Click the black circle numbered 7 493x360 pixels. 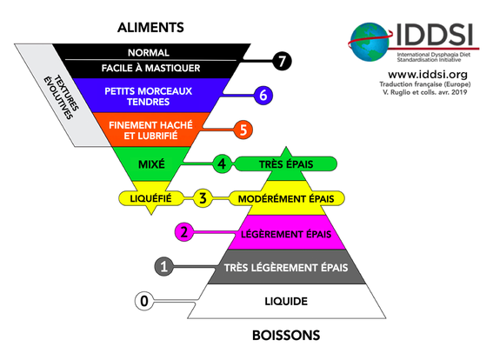[x=282, y=61]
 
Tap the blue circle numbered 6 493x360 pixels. [x=263, y=96]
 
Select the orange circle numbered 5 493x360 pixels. [x=243, y=130]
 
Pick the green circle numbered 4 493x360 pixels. [x=222, y=163]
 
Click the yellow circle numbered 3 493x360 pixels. [x=203, y=198]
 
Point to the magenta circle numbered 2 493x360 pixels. [x=184, y=232]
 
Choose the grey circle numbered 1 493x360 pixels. [x=163, y=267]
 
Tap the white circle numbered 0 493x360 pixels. [x=144, y=301]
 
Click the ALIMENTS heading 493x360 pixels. [x=150, y=28]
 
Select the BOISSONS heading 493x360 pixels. [x=286, y=336]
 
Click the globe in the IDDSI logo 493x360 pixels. [x=370, y=42]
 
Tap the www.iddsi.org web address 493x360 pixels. [x=428, y=75]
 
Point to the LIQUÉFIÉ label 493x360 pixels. [x=151, y=199]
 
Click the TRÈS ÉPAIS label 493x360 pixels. [x=286, y=164]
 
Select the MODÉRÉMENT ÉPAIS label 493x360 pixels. [x=286, y=199]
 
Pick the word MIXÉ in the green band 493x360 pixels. [x=151, y=164]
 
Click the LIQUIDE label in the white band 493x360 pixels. [x=286, y=301]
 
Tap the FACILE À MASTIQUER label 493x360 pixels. [x=150, y=68]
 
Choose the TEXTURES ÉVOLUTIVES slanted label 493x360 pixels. [x=61, y=97]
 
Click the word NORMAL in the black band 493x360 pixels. [x=149, y=52]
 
